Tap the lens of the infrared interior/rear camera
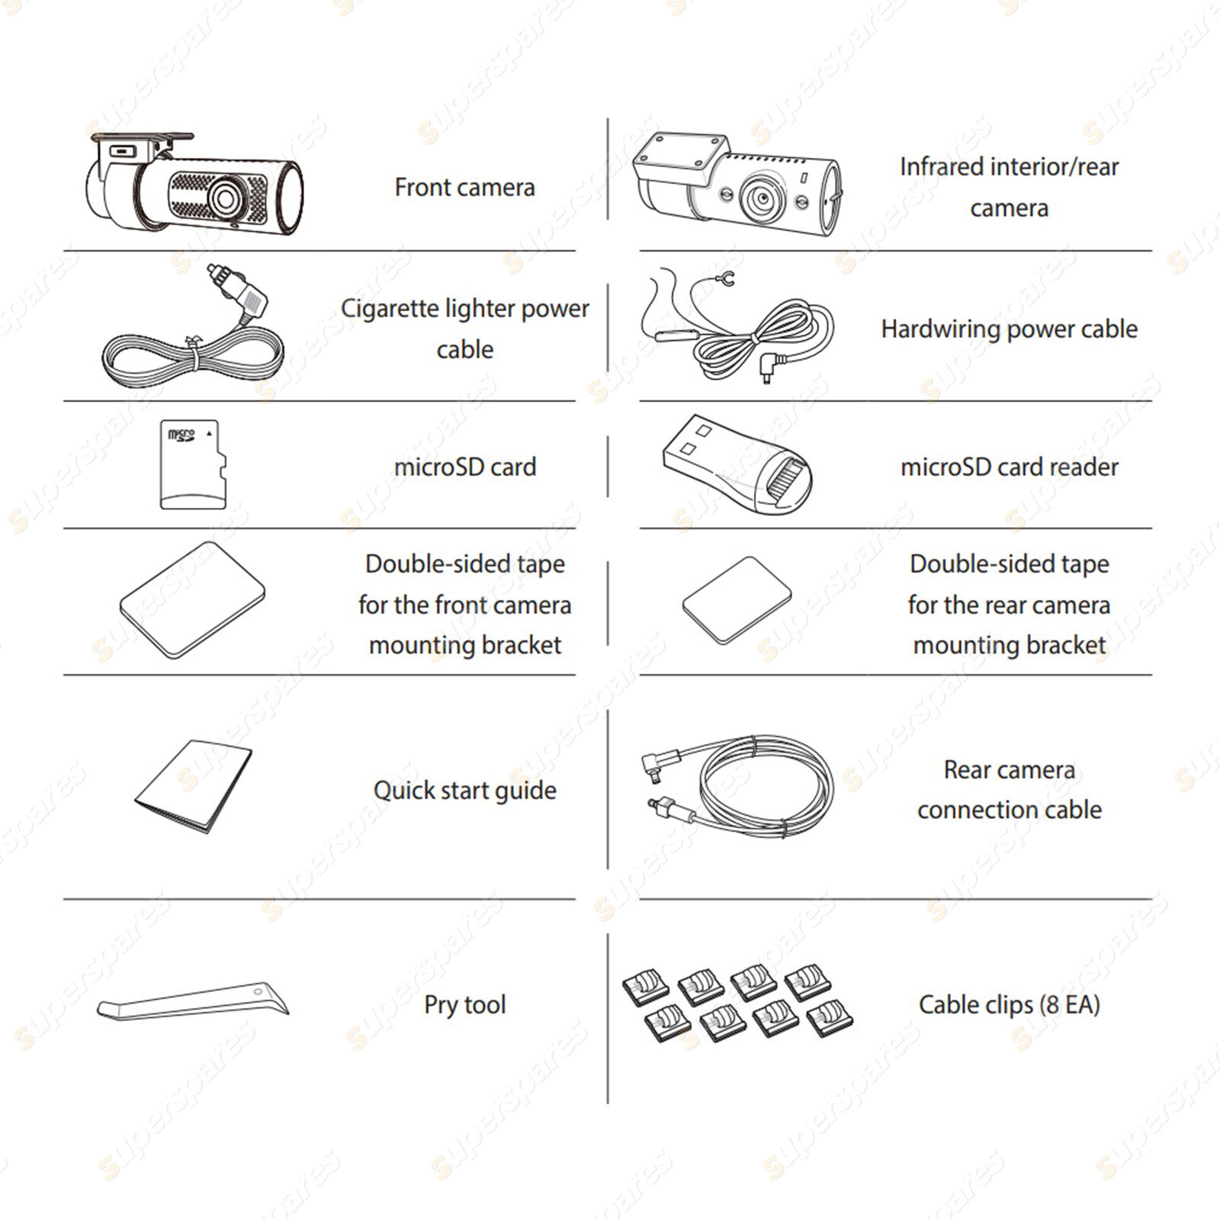[x=762, y=197]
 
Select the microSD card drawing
[x=194, y=464]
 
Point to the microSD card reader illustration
[x=737, y=464]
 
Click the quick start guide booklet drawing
[x=194, y=786]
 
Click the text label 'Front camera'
[x=464, y=188]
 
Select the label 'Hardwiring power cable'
[x=1009, y=329]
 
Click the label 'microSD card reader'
[x=1009, y=467]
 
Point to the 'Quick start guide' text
[x=464, y=791]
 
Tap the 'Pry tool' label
[x=464, y=1005]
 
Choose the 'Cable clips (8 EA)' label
[x=1009, y=1005]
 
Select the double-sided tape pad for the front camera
[x=193, y=600]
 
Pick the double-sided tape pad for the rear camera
[x=737, y=600]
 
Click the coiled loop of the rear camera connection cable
[x=766, y=789]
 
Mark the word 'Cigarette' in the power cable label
[x=389, y=309]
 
